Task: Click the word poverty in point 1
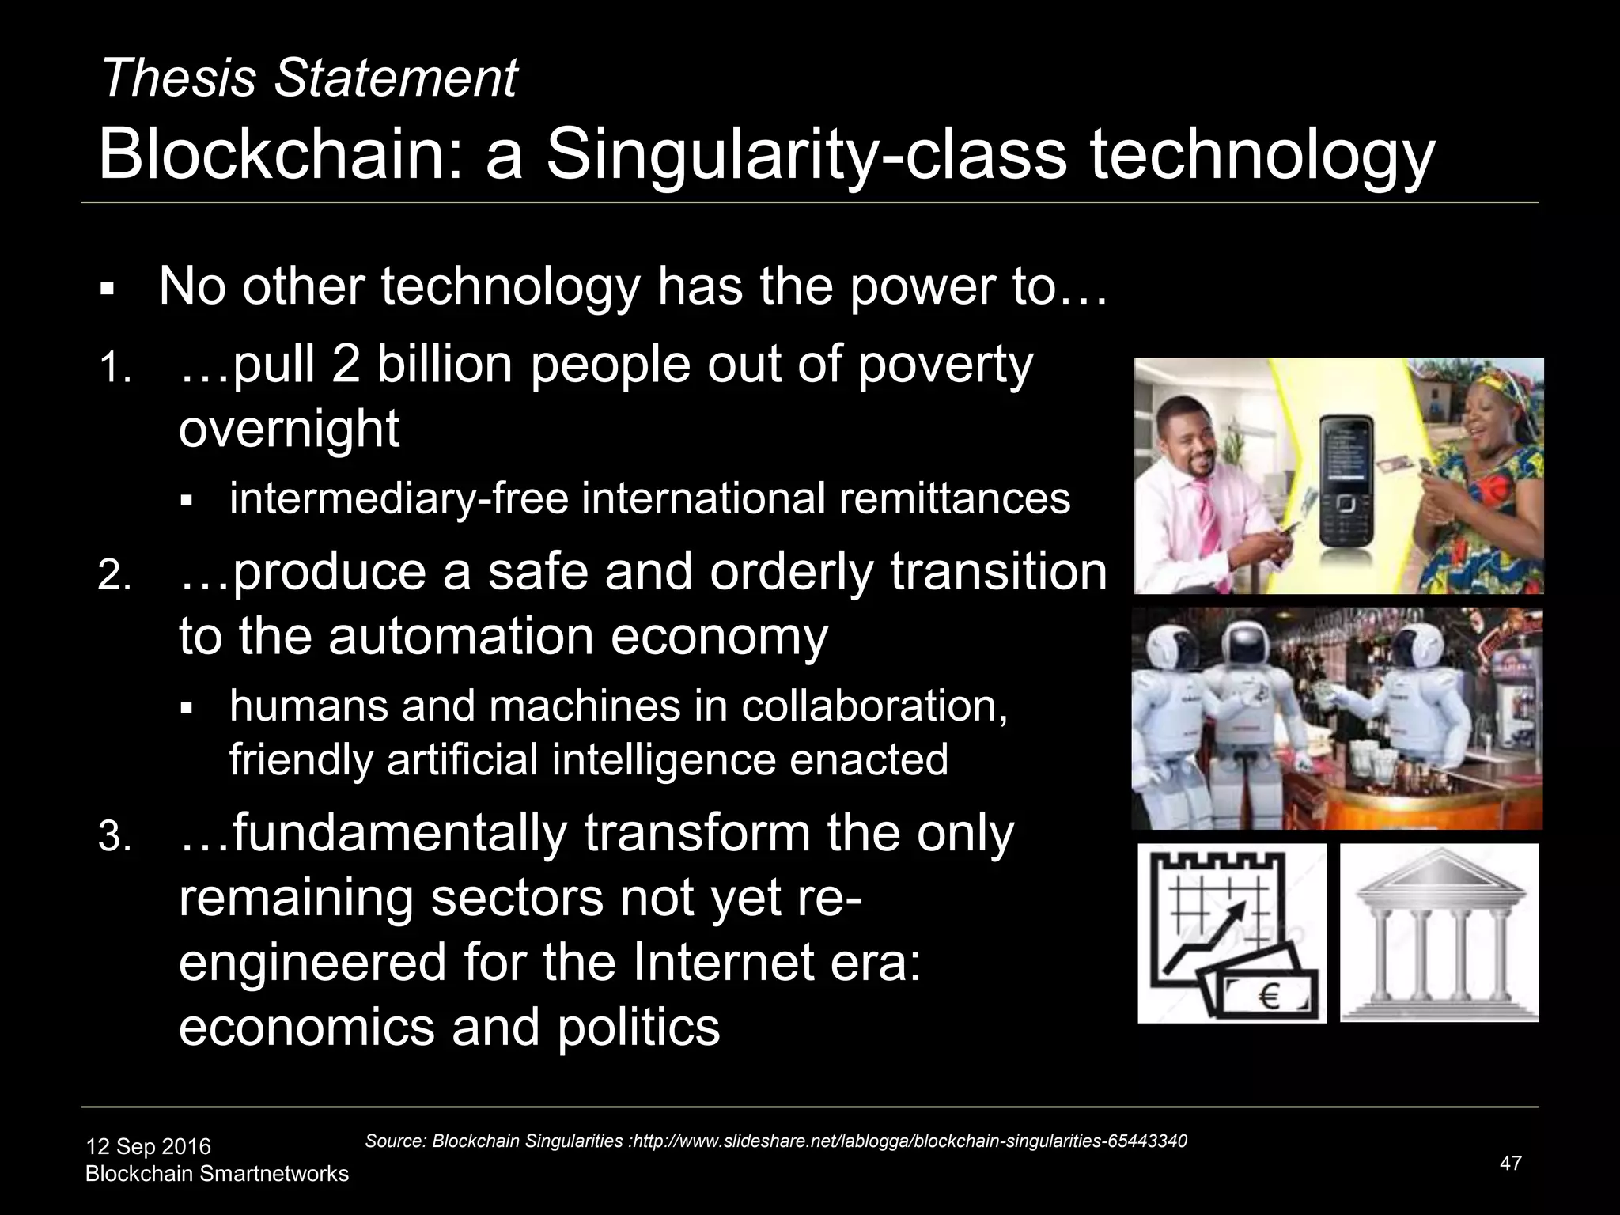tap(945, 365)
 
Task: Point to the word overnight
tap(289, 430)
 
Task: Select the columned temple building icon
tap(1439, 933)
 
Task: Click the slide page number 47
tap(1510, 1163)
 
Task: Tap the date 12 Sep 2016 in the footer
tap(148, 1146)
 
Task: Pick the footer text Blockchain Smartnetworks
tap(217, 1173)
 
